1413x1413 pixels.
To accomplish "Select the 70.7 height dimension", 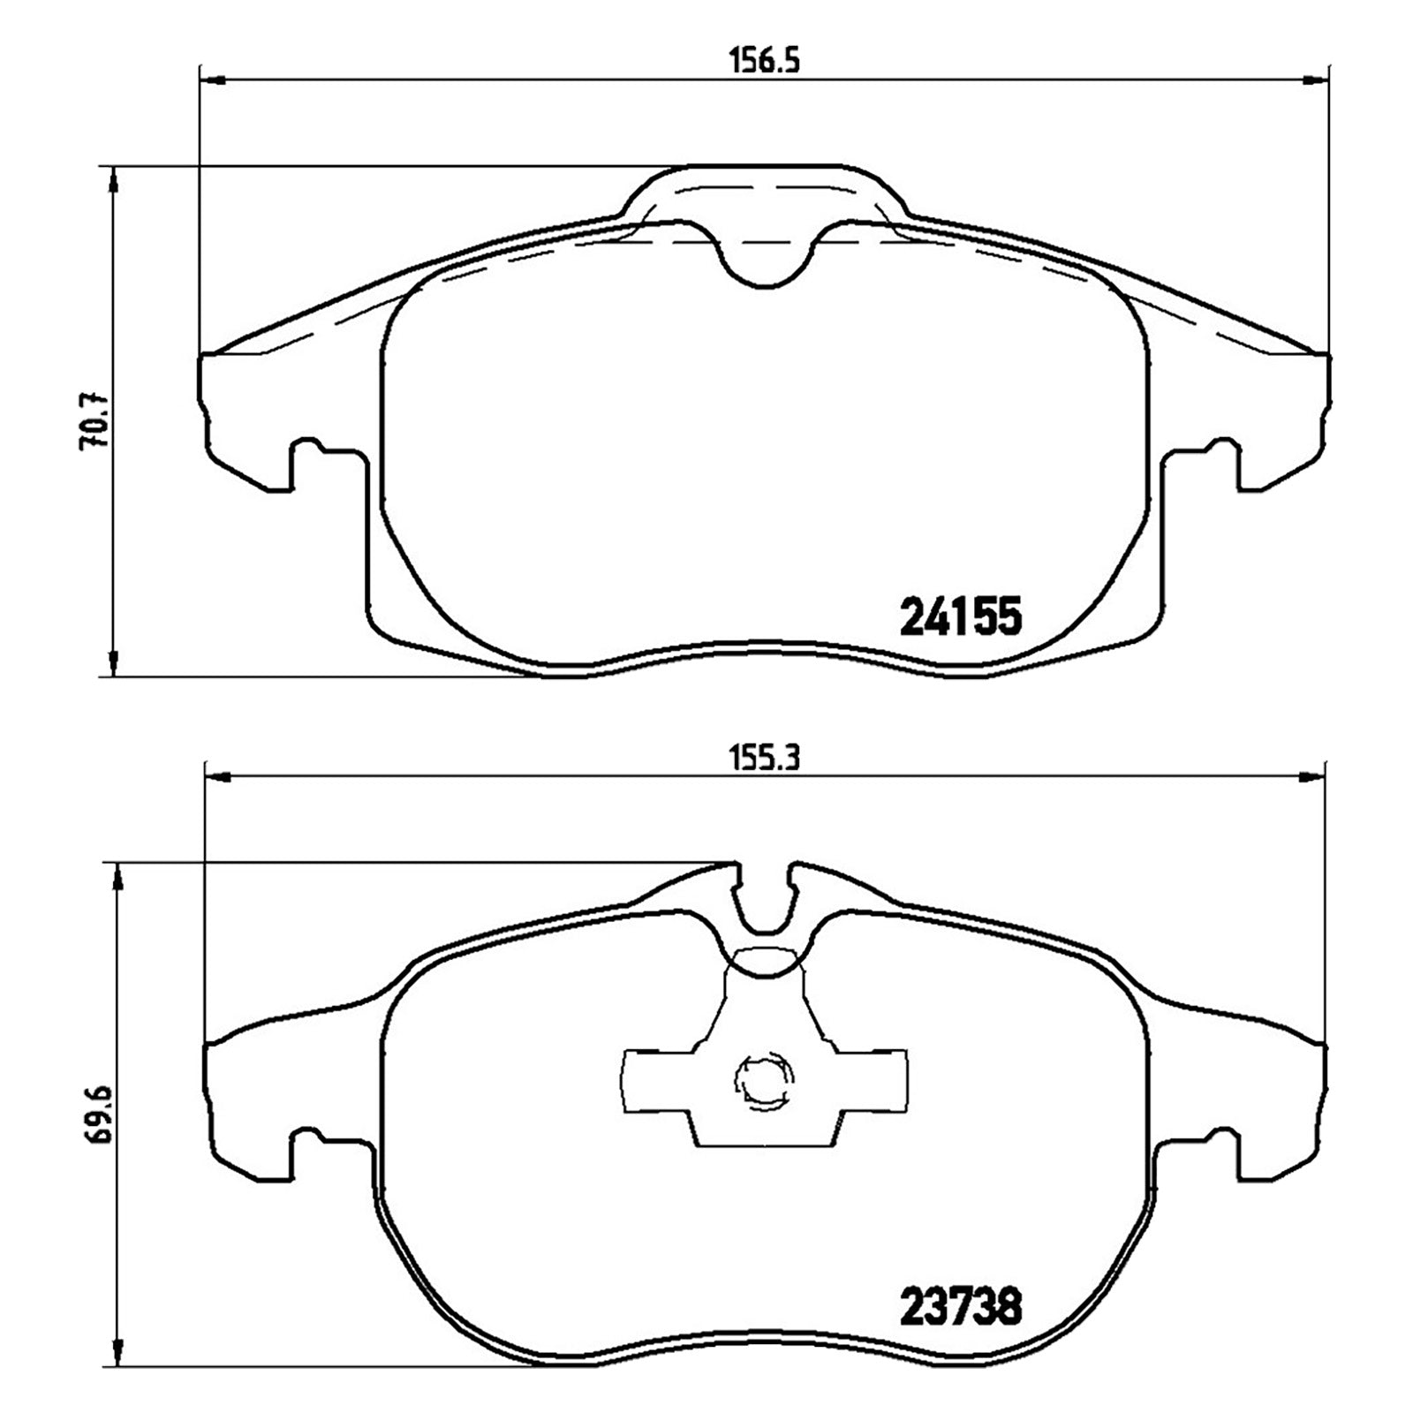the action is point(94,421).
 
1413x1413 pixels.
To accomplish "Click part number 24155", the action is point(960,616).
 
